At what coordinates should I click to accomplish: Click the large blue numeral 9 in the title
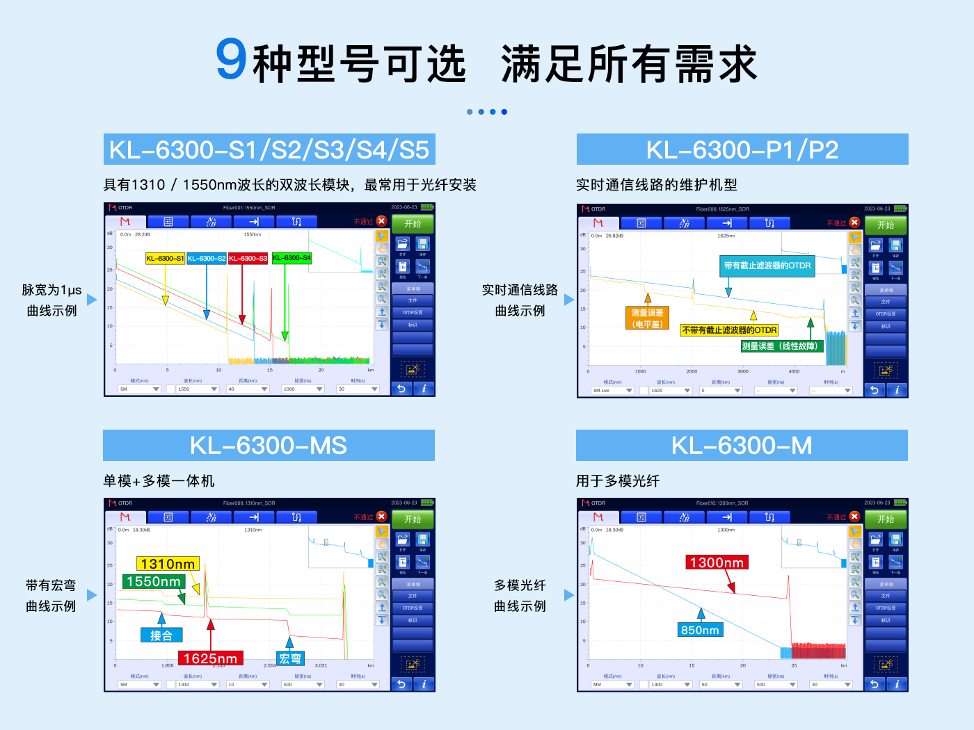(x=231, y=60)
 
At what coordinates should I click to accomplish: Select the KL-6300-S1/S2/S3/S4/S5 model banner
(x=269, y=149)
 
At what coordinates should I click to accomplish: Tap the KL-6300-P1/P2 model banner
(x=742, y=149)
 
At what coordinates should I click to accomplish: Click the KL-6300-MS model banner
(x=269, y=445)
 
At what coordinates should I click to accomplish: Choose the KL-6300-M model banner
(x=742, y=445)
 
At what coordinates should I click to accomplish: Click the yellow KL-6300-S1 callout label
(x=165, y=259)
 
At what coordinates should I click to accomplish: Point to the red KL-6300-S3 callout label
(x=248, y=259)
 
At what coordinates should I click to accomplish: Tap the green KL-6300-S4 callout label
(x=292, y=258)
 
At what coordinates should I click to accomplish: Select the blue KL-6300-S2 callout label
(x=207, y=259)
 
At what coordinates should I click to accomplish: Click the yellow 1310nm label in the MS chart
(x=168, y=564)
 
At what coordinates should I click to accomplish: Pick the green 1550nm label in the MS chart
(x=154, y=581)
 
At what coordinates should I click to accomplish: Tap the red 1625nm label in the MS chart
(x=210, y=658)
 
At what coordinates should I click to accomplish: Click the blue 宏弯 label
(x=290, y=658)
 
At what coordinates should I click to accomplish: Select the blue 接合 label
(x=161, y=635)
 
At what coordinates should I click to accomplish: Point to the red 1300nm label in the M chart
(x=717, y=562)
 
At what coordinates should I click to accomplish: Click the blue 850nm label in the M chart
(x=700, y=630)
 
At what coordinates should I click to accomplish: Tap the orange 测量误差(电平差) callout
(x=647, y=318)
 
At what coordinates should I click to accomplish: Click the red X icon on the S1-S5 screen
(x=381, y=221)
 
